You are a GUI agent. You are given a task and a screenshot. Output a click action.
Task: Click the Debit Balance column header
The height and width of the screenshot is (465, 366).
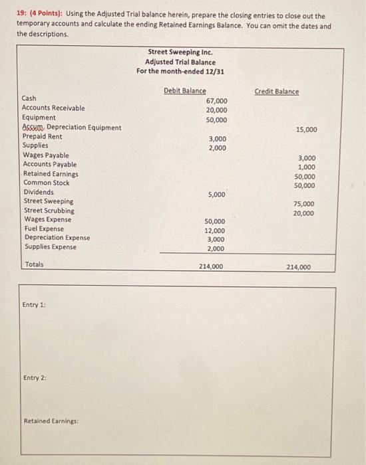(184, 91)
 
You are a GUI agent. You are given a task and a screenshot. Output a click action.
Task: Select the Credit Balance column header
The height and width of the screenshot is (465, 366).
(277, 91)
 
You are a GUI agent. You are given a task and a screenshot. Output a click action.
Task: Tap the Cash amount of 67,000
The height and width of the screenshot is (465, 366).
(216, 100)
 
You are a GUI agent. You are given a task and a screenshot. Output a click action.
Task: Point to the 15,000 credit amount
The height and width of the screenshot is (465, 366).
(306, 129)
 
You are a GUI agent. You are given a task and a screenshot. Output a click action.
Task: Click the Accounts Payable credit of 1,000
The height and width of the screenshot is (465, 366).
(307, 167)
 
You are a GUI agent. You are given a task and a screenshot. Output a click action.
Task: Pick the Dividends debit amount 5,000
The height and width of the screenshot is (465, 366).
(216, 195)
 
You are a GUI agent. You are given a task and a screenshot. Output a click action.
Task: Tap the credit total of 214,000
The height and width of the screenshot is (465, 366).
(298, 267)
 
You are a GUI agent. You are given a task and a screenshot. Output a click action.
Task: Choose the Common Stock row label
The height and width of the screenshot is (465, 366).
(47, 183)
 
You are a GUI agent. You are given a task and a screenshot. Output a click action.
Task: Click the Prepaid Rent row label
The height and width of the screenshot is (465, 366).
(42, 136)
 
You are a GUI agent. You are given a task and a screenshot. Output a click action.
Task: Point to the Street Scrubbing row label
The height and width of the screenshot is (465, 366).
(49, 210)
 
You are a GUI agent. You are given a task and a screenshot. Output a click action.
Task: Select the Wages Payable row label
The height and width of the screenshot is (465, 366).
(46, 155)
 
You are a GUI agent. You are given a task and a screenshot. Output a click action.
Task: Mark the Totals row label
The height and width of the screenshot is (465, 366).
(34, 264)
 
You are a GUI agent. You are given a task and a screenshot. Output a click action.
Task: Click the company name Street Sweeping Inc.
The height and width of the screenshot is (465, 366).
(180, 52)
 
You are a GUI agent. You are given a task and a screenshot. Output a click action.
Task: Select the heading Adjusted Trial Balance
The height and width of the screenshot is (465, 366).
(180, 62)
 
